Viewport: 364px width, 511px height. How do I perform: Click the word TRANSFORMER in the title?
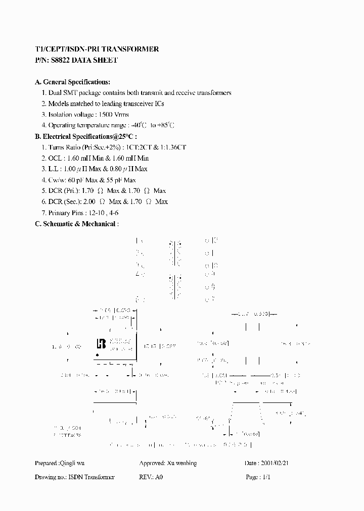pos(133,49)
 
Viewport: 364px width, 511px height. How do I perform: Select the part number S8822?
pos(60,60)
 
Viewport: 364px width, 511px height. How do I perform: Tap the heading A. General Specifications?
pos(72,82)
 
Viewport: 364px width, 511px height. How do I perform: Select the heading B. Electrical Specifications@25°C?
pos(85,136)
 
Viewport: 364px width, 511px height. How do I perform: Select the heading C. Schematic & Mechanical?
pos(76,224)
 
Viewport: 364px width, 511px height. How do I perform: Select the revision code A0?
pos(159,477)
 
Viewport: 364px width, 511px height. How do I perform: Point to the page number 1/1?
pos(266,477)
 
